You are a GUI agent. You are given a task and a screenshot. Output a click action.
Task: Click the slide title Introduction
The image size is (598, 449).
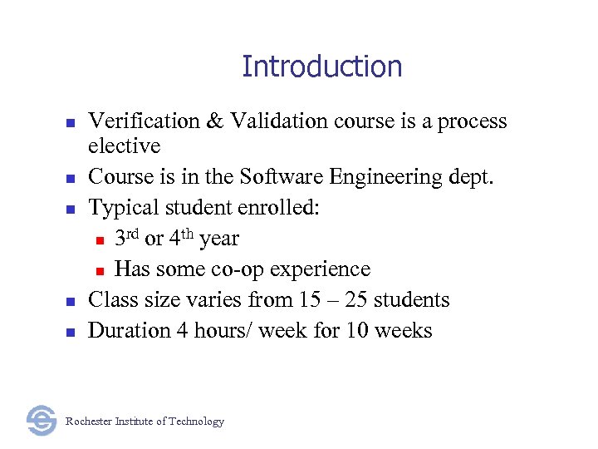321,67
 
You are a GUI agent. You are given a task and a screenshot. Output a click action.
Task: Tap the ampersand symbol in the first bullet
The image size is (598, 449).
215,121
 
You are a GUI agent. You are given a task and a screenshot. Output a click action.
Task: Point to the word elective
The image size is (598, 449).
124,146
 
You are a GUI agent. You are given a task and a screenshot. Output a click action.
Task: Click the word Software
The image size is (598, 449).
275,177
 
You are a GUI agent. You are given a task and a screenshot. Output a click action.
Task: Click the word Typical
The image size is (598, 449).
120,208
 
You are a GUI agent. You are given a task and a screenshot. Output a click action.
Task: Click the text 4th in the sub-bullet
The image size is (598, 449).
182,238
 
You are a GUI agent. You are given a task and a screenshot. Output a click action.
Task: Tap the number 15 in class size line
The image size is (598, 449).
334,299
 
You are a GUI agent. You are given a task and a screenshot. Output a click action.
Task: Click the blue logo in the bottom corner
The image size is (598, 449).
41,421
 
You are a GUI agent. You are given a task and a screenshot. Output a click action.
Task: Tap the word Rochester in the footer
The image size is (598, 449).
89,422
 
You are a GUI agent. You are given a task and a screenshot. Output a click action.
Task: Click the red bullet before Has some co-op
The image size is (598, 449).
99,270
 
